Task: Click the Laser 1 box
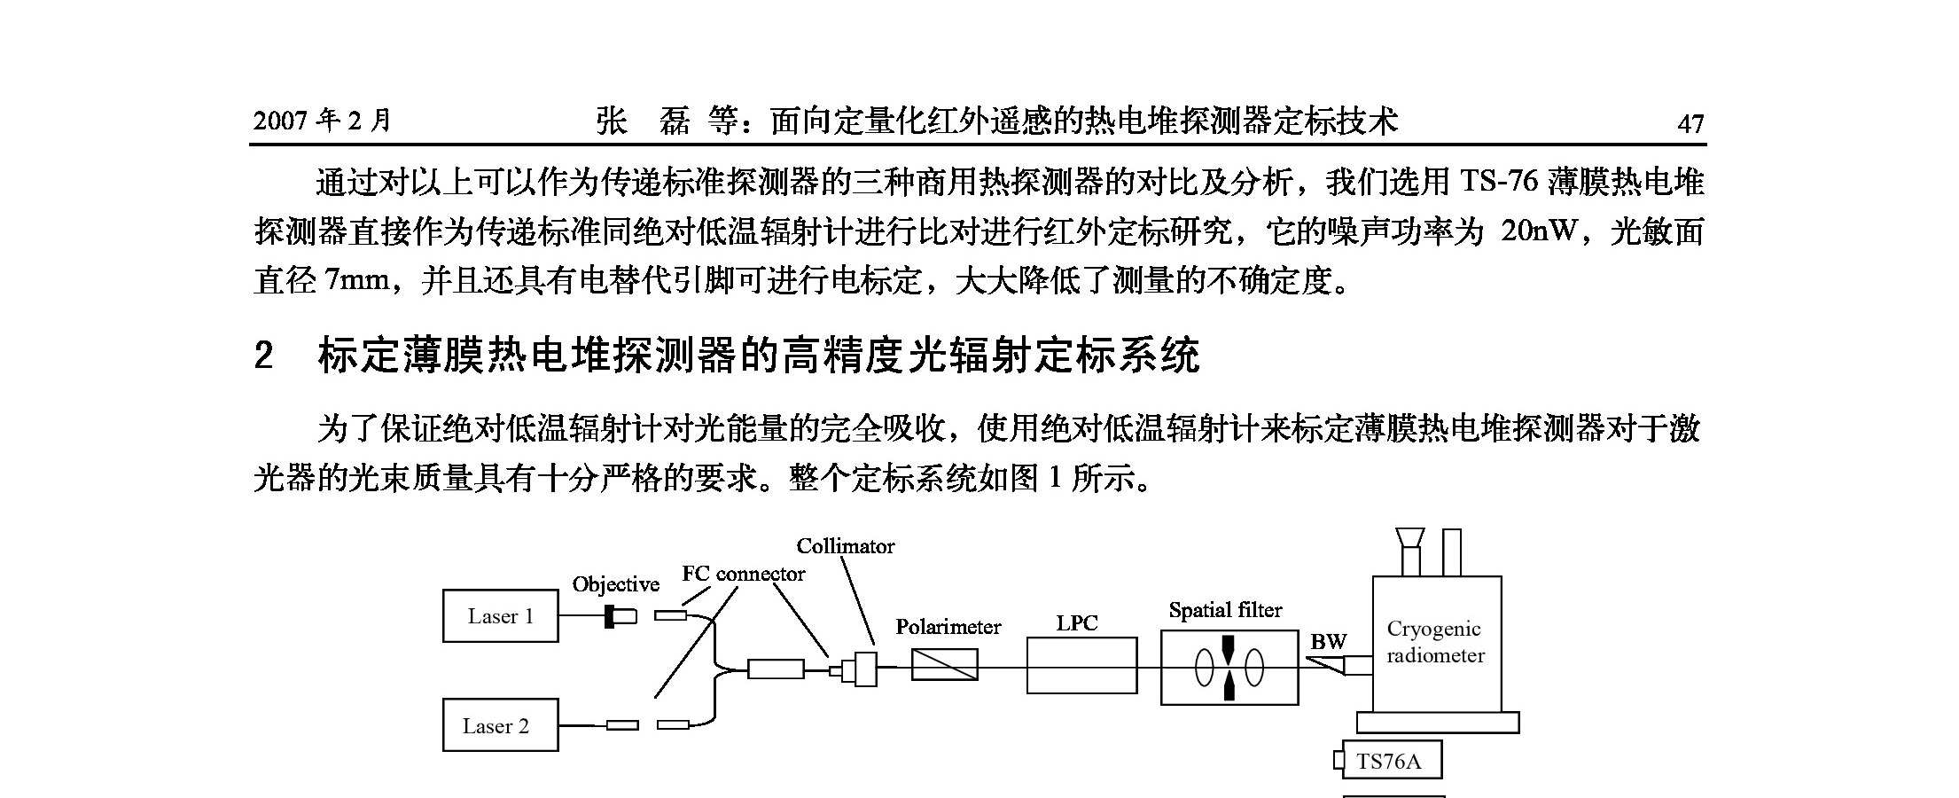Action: (x=500, y=616)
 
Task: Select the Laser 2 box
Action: (x=500, y=726)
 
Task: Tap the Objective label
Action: (x=616, y=584)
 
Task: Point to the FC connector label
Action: (x=743, y=574)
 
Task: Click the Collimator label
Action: (x=845, y=546)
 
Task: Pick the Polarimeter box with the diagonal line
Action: (x=944, y=664)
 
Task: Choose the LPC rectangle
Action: (x=1081, y=665)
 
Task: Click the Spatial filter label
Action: (x=1225, y=610)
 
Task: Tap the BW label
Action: (x=1328, y=642)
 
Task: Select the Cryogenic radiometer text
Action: (x=1434, y=642)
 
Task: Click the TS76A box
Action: (x=1391, y=761)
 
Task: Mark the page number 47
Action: (x=1690, y=123)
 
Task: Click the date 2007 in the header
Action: (x=280, y=121)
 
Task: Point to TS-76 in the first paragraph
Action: (x=1498, y=182)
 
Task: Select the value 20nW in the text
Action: (x=1540, y=231)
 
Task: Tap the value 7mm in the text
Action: (x=357, y=281)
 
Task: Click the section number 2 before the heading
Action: (x=263, y=356)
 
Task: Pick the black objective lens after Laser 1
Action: (x=610, y=615)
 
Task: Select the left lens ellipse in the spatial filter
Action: (x=1204, y=669)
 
